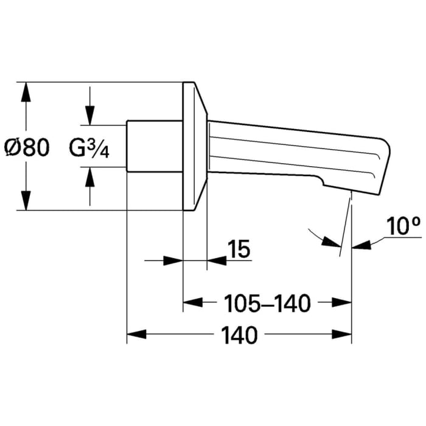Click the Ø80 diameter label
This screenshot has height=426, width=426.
(x=27, y=147)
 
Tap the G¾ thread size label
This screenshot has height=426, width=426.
(x=89, y=148)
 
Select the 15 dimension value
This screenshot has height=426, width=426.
(x=239, y=248)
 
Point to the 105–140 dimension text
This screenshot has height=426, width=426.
(x=268, y=303)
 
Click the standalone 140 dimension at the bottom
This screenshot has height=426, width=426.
(x=239, y=335)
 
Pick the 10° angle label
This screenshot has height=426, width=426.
(x=403, y=226)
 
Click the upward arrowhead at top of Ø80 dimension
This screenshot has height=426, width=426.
(x=26, y=92)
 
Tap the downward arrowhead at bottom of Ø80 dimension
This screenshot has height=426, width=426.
(x=26, y=200)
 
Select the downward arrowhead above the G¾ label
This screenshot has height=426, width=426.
(x=90, y=116)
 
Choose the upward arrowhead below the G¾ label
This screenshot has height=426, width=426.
(x=90, y=177)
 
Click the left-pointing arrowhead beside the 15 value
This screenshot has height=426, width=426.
(x=217, y=260)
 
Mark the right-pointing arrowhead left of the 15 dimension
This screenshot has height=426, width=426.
(x=173, y=260)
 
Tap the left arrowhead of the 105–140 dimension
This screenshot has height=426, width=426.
(x=193, y=302)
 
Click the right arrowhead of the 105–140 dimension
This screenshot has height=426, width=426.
(x=342, y=302)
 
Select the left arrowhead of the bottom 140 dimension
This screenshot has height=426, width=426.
(x=137, y=334)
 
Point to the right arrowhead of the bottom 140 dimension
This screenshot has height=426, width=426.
(x=342, y=334)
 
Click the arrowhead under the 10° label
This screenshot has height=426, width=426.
(x=361, y=245)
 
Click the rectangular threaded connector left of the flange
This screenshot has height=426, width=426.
(x=155, y=146)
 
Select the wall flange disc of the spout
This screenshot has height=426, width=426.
(x=195, y=146)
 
